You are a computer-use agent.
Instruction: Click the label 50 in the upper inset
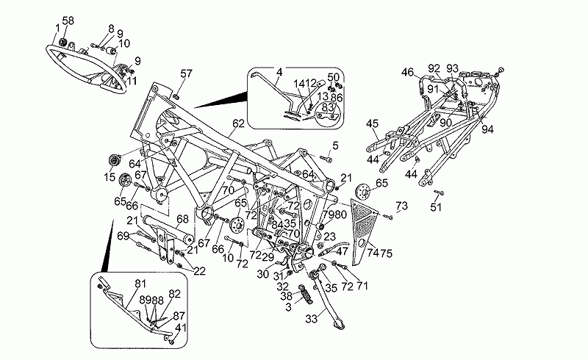(334, 76)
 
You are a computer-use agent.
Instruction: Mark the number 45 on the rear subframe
(373, 123)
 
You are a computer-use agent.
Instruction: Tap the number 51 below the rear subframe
(437, 207)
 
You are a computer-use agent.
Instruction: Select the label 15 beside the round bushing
(110, 177)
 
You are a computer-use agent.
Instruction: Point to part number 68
(182, 218)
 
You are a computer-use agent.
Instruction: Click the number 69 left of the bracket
(124, 235)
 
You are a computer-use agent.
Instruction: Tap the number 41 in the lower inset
(181, 328)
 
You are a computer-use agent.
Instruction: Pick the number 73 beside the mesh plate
(401, 205)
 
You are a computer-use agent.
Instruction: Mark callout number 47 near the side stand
(342, 251)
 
